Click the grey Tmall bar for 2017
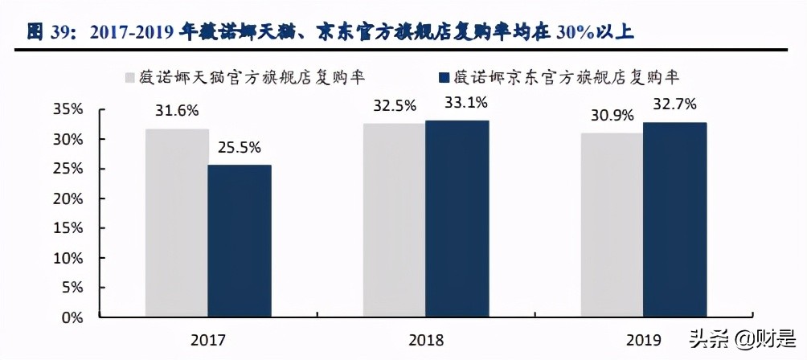176,223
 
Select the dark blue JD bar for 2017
239,241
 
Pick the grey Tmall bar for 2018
394,220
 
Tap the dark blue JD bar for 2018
457,219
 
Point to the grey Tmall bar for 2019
612,225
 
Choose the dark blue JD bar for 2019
674,219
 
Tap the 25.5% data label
240,148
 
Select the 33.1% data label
457,102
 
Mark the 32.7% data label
675,104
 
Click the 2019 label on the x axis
643,340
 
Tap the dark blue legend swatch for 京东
442,78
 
